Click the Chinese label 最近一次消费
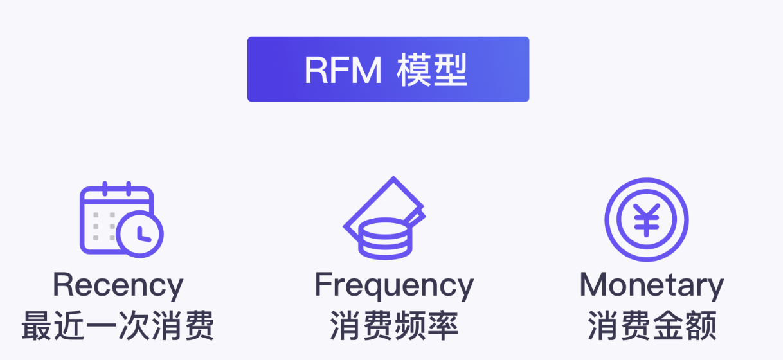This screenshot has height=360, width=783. [118, 327]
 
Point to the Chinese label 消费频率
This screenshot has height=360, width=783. [394, 327]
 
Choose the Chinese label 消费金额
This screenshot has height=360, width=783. [652, 327]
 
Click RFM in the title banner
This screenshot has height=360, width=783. [343, 70]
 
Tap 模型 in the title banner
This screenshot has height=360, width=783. [432, 70]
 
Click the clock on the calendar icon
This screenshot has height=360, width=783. [141, 234]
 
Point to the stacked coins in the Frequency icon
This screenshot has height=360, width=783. [385, 239]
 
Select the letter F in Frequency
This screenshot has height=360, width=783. [323, 285]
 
